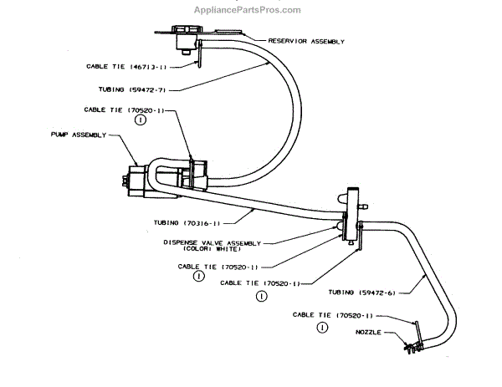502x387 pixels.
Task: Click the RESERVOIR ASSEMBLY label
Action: tap(305, 40)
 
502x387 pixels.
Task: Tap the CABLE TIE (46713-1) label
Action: tap(121, 65)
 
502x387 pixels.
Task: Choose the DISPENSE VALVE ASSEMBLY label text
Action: tap(212, 242)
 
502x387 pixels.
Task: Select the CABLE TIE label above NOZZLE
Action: tap(330, 315)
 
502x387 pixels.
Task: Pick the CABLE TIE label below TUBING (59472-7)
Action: tap(116, 109)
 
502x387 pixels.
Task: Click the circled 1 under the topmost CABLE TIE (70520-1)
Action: tap(141, 120)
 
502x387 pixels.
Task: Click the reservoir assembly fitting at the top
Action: tap(186, 35)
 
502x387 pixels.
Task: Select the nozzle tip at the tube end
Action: tap(408, 350)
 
